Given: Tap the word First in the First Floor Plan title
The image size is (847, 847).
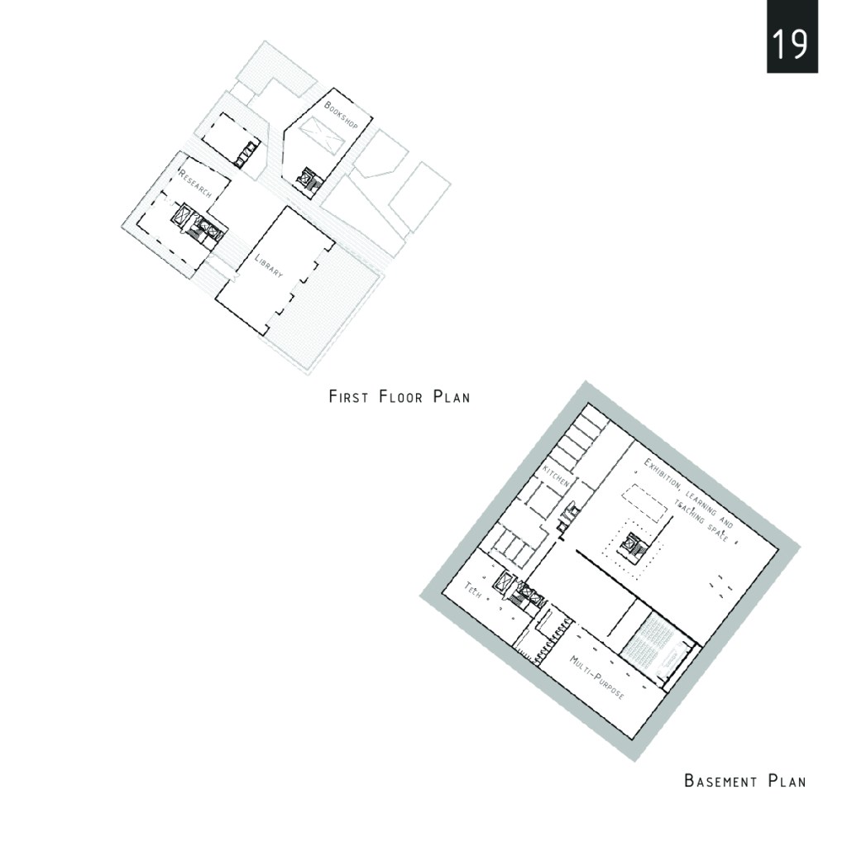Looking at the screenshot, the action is [x=349, y=397].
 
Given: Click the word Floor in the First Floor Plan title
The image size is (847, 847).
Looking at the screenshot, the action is [x=401, y=397].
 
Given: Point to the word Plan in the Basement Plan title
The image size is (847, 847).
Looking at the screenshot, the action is [x=787, y=781].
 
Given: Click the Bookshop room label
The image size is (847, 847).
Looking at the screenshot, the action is [x=341, y=114].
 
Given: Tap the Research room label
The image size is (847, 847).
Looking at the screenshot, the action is [x=195, y=184].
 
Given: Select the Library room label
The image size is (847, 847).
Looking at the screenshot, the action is [x=269, y=266].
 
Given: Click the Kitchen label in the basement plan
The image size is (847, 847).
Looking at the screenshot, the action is [x=556, y=475].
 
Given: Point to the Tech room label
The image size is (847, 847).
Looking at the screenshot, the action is [x=472, y=590].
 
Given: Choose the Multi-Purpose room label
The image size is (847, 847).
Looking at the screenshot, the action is [x=597, y=677].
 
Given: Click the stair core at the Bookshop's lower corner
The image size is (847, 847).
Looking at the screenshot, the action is [x=311, y=179].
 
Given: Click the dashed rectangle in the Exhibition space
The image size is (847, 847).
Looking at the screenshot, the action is [x=644, y=503].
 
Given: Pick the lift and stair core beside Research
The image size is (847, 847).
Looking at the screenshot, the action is [x=199, y=223].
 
